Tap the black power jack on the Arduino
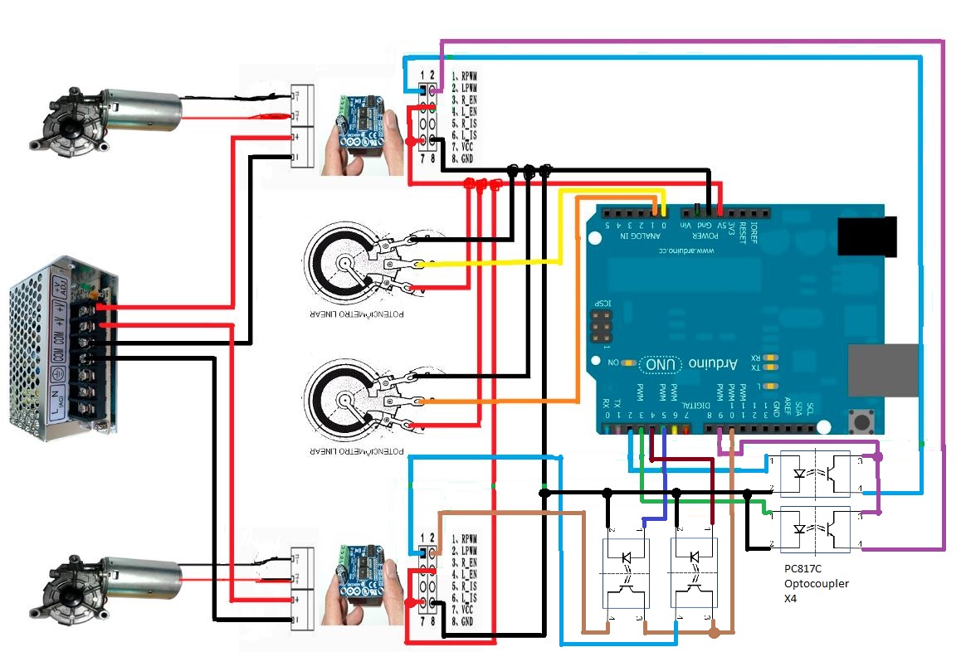click(x=868, y=236)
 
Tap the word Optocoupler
click(x=817, y=584)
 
